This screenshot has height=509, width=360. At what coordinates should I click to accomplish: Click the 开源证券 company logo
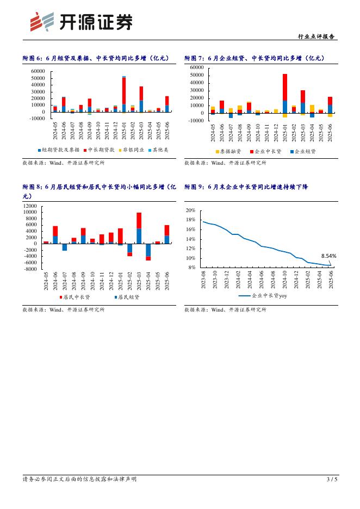point(80,23)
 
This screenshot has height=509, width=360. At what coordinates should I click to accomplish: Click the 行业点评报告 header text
point(317,36)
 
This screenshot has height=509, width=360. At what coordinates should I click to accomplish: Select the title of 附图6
point(96,58)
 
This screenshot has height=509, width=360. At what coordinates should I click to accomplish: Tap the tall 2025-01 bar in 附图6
point(124,92)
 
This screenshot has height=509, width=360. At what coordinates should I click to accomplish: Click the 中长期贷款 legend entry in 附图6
point(101,149)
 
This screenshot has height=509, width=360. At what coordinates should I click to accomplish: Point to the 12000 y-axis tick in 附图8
point(29,206)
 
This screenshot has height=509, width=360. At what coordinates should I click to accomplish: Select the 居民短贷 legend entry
point(128,297)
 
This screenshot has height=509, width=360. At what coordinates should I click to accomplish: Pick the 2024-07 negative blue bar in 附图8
point(65,247)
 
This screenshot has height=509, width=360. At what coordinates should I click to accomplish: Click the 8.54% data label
point(328,256)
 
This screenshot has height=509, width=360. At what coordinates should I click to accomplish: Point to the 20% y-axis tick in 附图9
point(190,210)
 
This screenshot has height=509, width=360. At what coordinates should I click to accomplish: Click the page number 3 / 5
point(332,479)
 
